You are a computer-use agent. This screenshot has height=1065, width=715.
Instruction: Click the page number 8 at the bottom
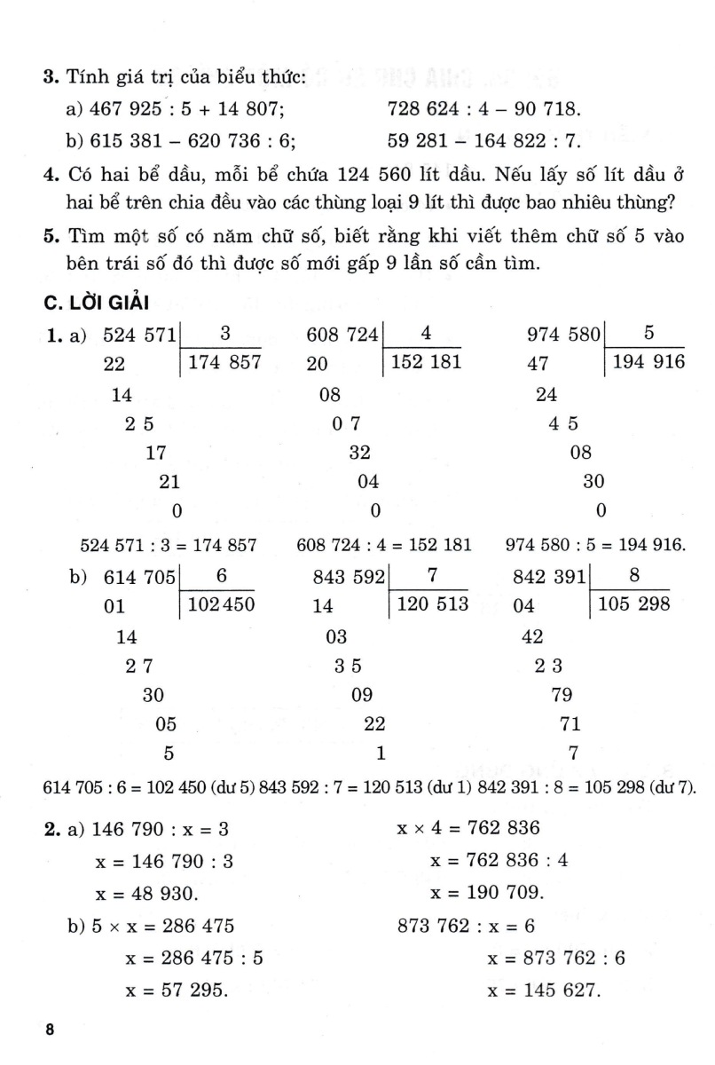click(50, 1030)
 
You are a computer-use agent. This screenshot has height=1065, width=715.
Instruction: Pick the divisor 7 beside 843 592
click(432, 576)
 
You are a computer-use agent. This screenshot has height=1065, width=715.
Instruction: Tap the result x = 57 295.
click(177, 990)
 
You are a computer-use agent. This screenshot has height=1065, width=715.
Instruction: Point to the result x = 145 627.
click(544, 990)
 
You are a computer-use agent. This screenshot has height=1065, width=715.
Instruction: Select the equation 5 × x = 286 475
click(151, 926)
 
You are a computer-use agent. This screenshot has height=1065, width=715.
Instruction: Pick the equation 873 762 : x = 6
click(466, 926)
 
